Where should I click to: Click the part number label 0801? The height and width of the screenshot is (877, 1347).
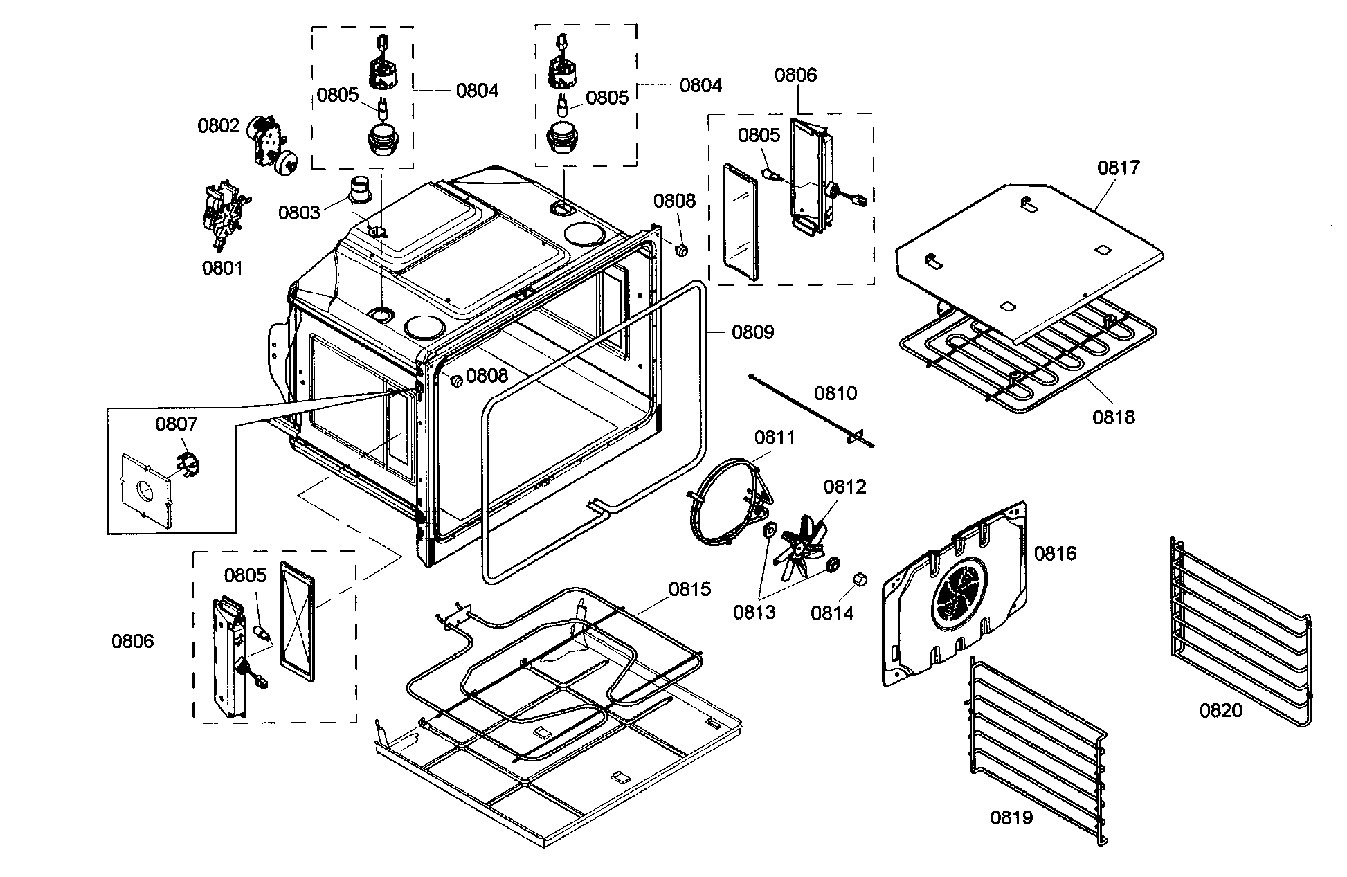[222, 268]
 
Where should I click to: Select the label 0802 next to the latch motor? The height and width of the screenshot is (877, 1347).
[218, 125]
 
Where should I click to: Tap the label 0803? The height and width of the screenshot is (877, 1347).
[299, 213]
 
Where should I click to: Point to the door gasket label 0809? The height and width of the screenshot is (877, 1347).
[753, 332]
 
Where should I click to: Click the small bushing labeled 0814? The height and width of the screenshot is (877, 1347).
[859, 579]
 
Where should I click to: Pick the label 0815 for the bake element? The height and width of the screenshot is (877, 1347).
[689, 589]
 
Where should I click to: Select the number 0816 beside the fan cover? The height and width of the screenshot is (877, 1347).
[1055, 553]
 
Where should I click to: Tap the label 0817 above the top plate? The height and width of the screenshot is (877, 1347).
[1118, 168]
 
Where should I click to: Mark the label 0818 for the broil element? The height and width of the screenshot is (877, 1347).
[1114, 417]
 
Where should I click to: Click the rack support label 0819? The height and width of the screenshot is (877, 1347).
[1011, 817]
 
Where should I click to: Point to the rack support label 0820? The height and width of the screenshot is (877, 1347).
[1221, 710]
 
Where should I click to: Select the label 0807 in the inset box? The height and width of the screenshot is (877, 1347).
[176, 424]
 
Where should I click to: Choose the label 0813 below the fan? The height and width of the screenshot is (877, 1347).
[754, 612]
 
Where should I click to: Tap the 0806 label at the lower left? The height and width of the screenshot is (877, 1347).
[133, 641]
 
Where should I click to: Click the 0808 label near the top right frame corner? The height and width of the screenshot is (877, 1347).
[674, 201]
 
